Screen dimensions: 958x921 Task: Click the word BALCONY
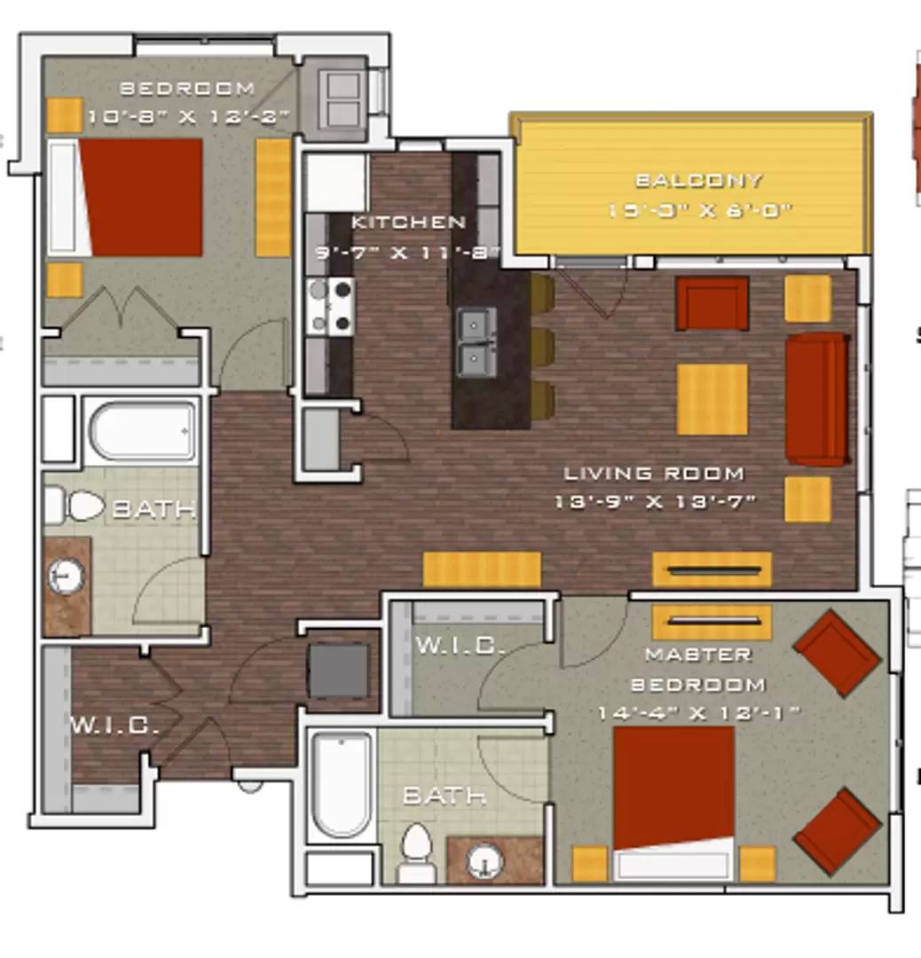pos(698,181)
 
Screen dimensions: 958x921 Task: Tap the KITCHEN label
pos(408,222)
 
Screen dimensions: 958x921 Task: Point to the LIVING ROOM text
pos(654,474)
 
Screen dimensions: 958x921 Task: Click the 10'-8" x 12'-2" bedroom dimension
pos(191,116)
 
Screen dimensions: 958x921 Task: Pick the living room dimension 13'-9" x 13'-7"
pos(655,502)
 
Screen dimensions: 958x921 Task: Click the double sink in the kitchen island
pos(476,342)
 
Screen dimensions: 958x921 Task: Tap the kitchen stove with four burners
pos(330,306)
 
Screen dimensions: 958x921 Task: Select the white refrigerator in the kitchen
pos(335,183)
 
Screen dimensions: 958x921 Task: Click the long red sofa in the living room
pos(816,399)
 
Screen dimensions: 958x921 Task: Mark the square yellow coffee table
pos(712,399)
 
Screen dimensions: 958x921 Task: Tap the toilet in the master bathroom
pos(414,852)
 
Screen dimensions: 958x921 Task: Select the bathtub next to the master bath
pos(342,783)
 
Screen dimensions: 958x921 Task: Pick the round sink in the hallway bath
pos(65,577)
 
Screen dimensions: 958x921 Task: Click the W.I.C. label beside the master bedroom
pos(459,645)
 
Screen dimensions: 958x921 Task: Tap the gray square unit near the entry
pos(338,671)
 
